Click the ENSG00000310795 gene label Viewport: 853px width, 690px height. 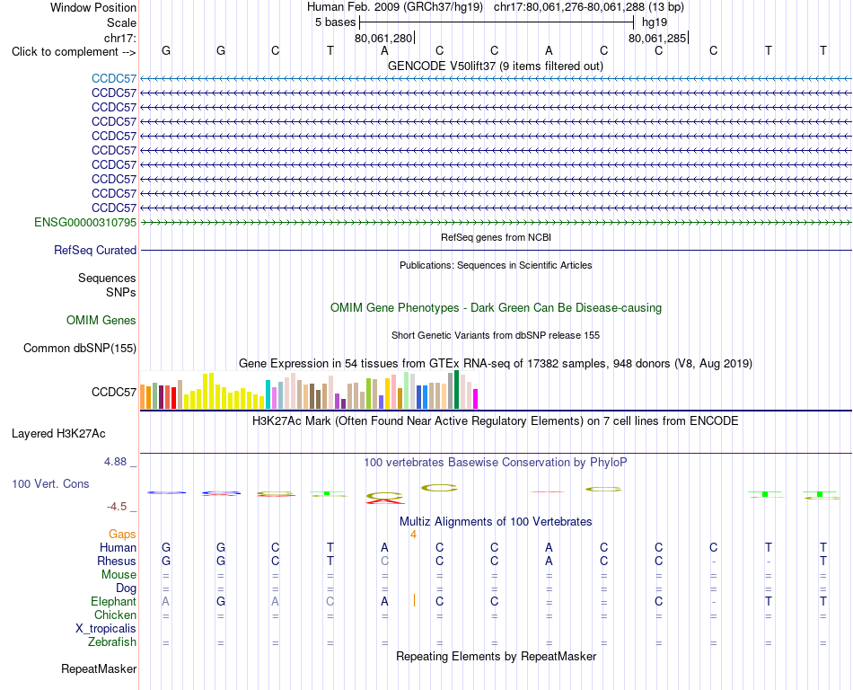[85, 223]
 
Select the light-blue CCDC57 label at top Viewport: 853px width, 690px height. [114, 79]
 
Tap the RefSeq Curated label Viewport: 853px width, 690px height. [95, 251]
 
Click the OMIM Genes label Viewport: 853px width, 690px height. [101, 321]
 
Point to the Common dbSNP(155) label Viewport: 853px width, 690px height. [80, 349]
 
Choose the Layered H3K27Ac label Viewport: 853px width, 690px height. [58, 434]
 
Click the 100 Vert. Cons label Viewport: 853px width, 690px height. [50, 483]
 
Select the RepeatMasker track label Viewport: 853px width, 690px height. [99, 668]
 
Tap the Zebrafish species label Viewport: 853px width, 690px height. [112, 642]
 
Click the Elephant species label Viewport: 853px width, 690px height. [114, 602]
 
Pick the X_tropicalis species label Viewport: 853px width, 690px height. [106, 629]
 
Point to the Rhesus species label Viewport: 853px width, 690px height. [117, 561]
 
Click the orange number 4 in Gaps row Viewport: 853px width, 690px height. [413, 535]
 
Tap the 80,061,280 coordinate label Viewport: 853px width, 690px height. [383, 38]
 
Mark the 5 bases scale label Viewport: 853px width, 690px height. [335, 22]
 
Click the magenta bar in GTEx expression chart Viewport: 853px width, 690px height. [476, 399]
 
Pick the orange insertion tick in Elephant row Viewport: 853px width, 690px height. [415, 600]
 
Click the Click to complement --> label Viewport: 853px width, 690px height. [74, 52]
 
